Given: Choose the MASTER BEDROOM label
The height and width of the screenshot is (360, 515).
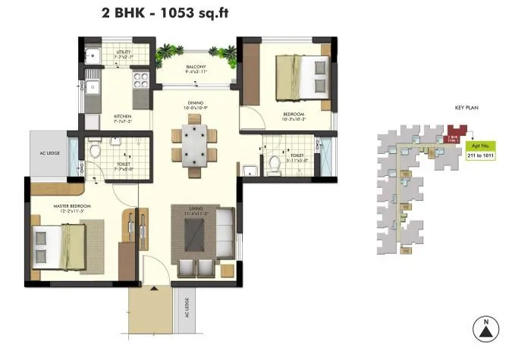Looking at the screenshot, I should (x=73, y=207).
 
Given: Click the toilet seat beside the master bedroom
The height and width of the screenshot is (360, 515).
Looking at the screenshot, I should (x=95, y=152).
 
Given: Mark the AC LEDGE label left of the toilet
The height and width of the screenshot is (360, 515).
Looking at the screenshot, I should (x=48, y=151).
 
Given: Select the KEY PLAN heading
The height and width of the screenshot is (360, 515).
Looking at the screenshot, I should (x=466, y=108).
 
